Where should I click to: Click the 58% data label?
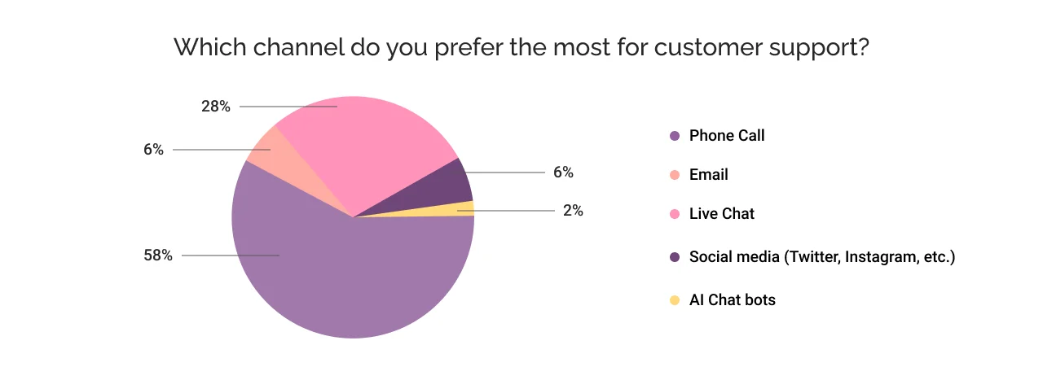pos(158,256)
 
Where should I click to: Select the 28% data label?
pos(215,107)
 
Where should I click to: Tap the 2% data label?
pos(572,211)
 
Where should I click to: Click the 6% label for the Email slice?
pos(153,150)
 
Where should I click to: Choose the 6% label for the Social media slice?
pos(562,173)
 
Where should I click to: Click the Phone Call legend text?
pos(727,136)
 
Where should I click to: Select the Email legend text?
pos(708,175)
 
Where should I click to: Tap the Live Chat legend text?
pos(722,214)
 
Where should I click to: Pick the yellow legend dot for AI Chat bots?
pos(674,300)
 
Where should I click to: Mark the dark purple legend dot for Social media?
pos(674,258)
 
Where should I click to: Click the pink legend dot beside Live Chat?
pos(674,215)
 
